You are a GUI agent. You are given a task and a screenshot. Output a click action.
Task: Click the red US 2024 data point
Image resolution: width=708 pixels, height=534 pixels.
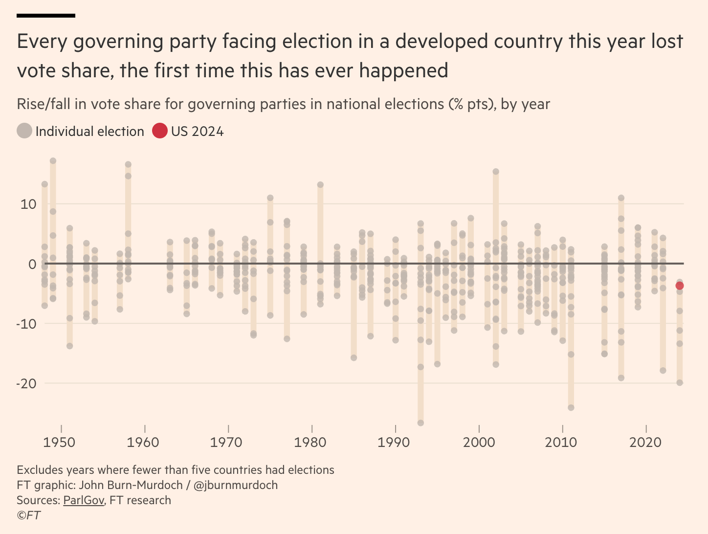click(x=680, y=286)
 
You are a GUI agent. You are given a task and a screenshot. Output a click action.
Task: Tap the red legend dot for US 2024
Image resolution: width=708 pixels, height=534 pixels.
click(x=160, y=131)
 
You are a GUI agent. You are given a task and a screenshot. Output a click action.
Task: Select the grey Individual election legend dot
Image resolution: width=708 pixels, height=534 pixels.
click(x=24, y=131)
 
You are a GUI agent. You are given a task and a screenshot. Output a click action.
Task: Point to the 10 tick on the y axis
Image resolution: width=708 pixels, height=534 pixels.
click(x=28, y=204)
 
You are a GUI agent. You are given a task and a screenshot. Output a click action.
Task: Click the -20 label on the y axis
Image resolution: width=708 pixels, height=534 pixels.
click(x=26, y=383)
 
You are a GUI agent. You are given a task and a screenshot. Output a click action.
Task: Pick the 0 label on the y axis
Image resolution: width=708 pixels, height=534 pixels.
click(x=32, y=264)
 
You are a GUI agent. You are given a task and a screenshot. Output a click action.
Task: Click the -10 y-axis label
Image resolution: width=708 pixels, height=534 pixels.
click(x=26, y=324)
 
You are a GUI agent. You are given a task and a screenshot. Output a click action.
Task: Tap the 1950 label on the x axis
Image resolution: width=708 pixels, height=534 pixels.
click(x=59, y=443)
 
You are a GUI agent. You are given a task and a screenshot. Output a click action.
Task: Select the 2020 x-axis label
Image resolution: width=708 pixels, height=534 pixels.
click(x=645, y=443)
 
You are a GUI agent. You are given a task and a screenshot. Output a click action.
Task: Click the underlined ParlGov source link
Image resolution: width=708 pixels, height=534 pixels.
click(x=84, y=500)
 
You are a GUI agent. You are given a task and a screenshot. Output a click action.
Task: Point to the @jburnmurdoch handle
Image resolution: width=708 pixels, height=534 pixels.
click(x=236, y=485)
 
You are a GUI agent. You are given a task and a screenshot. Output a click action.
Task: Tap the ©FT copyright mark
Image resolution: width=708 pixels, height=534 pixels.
click(x=29, y=515)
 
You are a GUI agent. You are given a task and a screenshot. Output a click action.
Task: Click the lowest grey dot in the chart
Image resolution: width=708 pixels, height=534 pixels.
click(x=420, y=423)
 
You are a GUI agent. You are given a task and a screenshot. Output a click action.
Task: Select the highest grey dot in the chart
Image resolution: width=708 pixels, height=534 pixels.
click(x=53, y=161)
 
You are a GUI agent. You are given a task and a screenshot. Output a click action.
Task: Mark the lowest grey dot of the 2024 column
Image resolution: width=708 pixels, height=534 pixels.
click(x=680, y=383)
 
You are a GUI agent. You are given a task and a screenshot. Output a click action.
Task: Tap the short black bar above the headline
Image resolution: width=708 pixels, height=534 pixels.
click(x=46, y=16)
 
